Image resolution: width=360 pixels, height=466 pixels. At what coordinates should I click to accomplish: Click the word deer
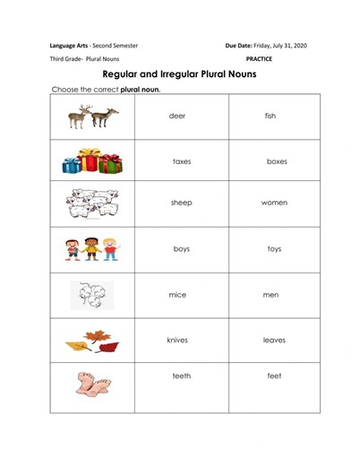(x=177, y=116)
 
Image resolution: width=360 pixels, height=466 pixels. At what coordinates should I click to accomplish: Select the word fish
(x=271, y=116)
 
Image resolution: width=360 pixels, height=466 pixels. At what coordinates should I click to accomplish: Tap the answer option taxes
(x=182, y=161)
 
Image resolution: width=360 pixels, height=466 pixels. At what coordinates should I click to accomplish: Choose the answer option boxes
(x=277, y=161)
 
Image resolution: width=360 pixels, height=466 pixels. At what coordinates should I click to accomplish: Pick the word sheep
(x=182, y=203)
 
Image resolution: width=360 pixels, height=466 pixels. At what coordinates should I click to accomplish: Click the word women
(x=274, y=203)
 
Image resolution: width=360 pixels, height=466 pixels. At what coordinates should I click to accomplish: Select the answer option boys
(x=182, y=249)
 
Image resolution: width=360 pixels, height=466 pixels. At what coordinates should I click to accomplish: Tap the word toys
(x=274, y=249)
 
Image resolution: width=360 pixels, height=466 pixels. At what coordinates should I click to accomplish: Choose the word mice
(x=177, y=294)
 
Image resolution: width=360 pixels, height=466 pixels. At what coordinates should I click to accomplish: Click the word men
(x=271, y=294)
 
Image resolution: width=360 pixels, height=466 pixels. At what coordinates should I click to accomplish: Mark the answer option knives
(x=177, y=341)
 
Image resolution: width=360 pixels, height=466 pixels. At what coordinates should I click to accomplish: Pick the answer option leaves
(x=274, y=341)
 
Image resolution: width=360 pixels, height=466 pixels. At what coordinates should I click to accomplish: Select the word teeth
(x=182, y=376)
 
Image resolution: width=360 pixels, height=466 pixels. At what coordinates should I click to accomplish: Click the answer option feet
(x=274, y=376)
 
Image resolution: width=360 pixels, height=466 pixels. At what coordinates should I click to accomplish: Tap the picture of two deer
(x=93, y=116)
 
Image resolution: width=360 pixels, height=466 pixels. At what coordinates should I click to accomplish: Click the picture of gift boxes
(x=92, y=161)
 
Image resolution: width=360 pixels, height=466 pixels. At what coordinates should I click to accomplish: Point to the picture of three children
(x=91, y=248)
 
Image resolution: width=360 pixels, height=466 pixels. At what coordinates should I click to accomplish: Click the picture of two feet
(x=92, y=385)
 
